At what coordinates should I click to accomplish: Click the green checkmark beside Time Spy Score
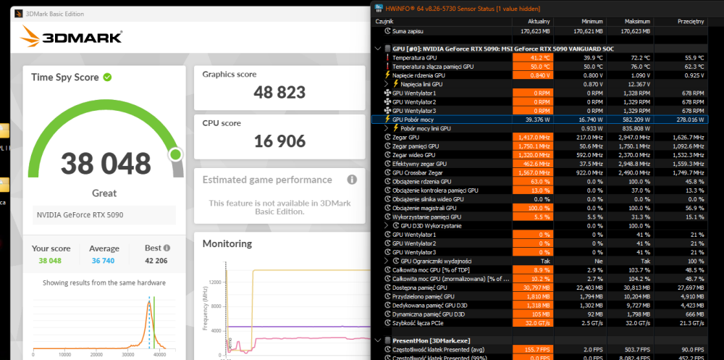pos(107,77)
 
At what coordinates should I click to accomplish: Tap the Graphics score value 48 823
pos(279,92)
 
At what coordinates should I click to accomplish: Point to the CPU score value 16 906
pos(279,141)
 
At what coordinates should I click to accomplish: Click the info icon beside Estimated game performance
pos(352,180)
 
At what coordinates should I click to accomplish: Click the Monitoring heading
pos(227,243)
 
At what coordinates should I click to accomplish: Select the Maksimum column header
pos(636,22)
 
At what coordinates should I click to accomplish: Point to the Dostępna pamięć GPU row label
pos(424,288)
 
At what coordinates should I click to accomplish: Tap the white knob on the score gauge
pos(174,154)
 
